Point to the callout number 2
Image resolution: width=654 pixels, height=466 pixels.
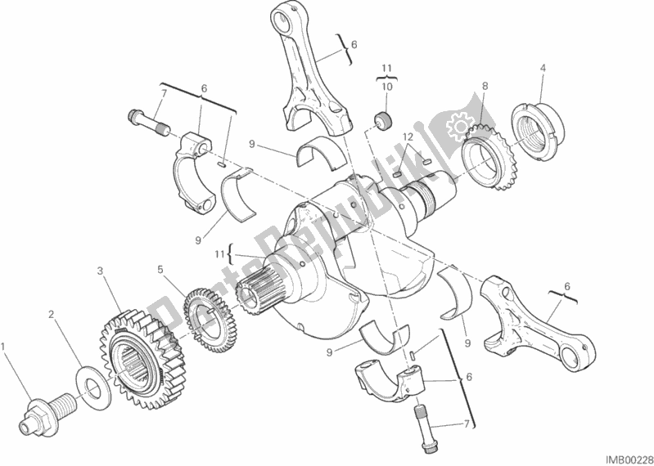coord(51,313)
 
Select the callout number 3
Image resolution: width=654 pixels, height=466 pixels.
coord(100,271)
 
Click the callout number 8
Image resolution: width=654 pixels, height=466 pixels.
coord(485,85)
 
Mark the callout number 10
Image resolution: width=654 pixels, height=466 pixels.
coord(389,86)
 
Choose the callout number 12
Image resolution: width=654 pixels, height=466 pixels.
coord(408,136)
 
